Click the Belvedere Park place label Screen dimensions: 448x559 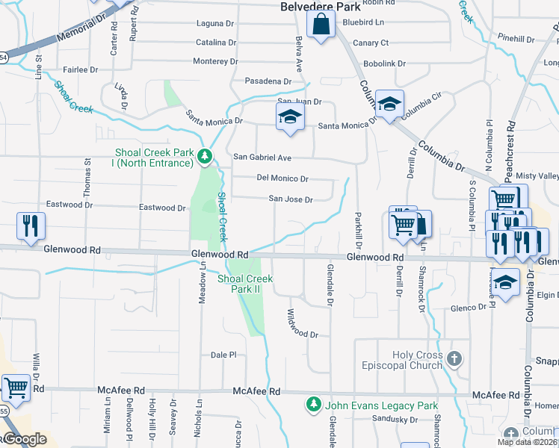coord(320,7)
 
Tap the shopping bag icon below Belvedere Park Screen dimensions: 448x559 coord(321,25)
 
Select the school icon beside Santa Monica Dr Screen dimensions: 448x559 coord(290,117)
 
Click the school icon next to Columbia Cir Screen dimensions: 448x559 coord(389,105)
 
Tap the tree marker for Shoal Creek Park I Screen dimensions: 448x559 coord(205,157)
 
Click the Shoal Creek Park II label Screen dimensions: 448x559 coord(245,283)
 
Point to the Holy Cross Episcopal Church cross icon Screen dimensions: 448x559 coord(454,360)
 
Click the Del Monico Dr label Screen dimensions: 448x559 coord(282,179)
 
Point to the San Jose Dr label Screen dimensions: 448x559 coord(291,199)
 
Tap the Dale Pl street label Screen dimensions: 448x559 coord(223,355)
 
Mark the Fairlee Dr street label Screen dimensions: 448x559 coord(81,69)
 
